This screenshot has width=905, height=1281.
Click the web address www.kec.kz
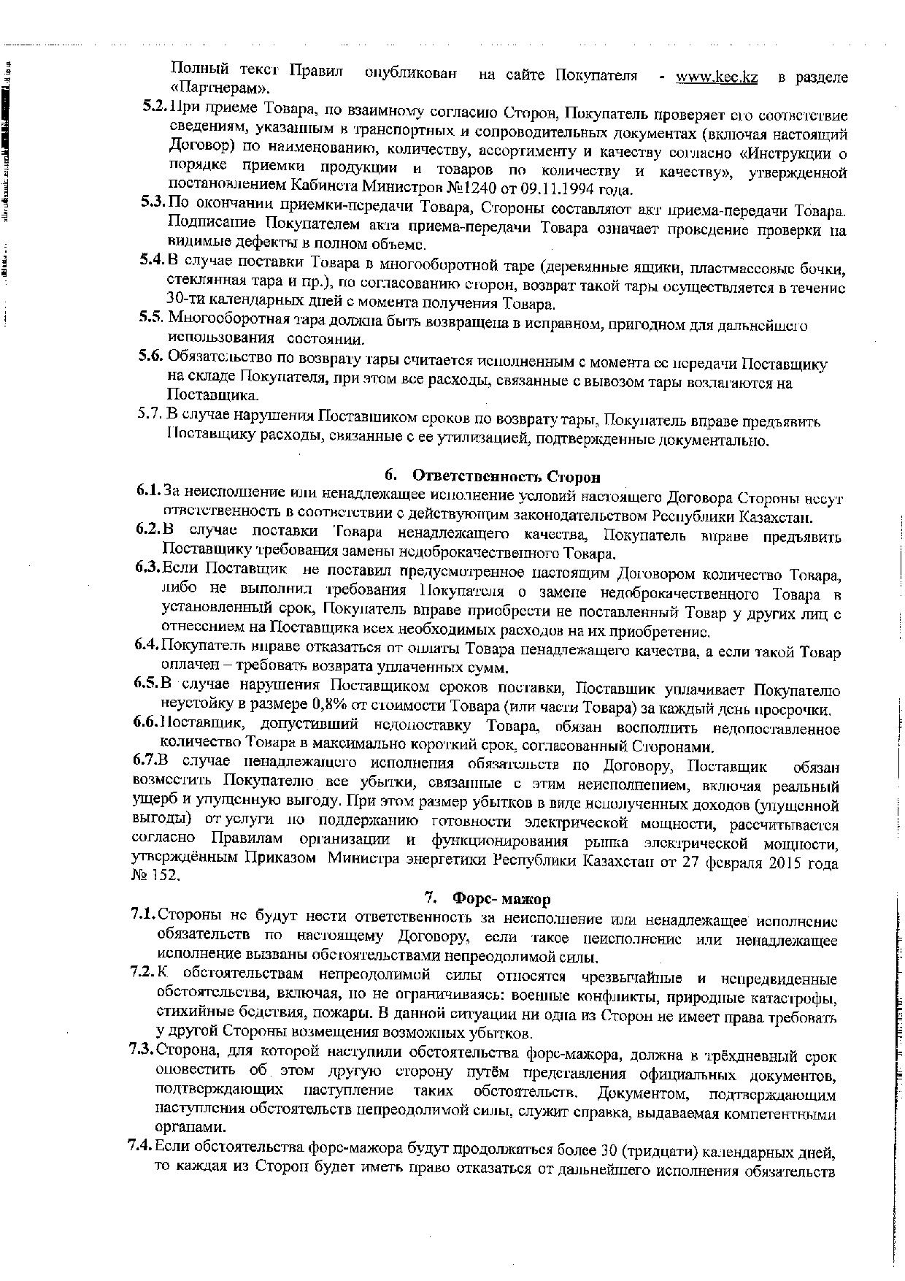click(716, 77)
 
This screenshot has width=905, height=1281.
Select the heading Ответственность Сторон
click(507, 476)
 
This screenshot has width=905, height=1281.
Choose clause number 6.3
click(147, 567)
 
